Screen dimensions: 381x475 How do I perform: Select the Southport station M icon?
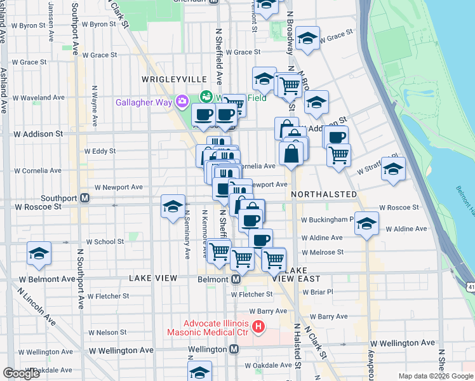pos(84,198)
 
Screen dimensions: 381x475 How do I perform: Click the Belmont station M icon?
pos(235,279)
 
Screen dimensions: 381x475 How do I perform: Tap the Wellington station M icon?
pos(234,349)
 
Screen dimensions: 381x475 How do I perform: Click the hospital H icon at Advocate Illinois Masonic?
pos(258,327)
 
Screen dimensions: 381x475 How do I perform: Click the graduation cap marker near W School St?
pos(39,253)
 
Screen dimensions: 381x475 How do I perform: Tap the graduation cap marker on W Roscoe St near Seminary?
pos(173,206)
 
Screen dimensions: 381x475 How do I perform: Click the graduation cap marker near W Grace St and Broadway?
pos(307,38)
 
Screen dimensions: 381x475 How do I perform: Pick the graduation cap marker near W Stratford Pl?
pos(394,170)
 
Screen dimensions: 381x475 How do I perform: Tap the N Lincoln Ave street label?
pos(37,308)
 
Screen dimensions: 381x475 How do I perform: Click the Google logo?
pos(21,373)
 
